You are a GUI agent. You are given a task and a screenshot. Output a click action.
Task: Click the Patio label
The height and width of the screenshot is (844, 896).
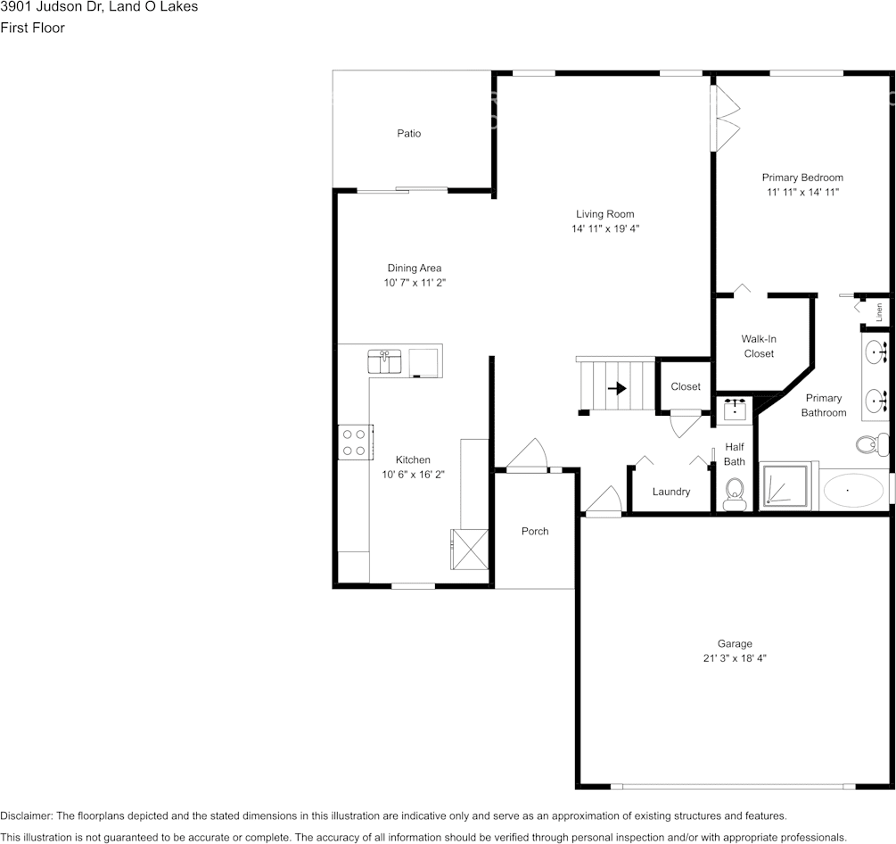(x=409, y=134)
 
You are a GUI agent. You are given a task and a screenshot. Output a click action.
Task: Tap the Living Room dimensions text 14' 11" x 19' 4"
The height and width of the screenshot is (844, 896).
(x=605, y=229)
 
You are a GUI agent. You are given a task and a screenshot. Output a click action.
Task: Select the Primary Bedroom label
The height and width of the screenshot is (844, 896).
(x=801, y=178)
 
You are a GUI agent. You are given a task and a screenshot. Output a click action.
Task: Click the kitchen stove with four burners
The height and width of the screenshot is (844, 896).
(x=354, y=442)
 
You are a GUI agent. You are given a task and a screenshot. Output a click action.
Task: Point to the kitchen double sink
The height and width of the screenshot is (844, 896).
(x=385, y=361)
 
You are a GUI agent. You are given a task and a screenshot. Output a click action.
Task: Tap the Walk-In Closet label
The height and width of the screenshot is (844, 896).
(x=759, y=346)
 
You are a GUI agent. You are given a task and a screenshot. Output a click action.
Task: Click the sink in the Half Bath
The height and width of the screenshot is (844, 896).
(x=735, y=410)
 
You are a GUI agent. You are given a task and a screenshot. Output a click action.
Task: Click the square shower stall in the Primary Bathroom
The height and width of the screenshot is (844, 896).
(x=785, y=487)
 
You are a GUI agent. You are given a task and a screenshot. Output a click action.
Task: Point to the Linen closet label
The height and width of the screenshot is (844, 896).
(x=879, y=312)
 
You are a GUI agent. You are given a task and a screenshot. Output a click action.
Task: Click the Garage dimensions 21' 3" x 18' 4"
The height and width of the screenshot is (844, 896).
(x=735, y=658)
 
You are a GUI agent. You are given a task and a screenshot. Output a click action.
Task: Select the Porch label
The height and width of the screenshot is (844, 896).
(x=535, y=532)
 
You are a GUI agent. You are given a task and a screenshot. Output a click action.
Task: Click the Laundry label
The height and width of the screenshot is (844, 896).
(x=671, y=492)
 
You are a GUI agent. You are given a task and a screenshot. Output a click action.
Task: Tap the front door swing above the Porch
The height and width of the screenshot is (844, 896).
(x=529, y=454)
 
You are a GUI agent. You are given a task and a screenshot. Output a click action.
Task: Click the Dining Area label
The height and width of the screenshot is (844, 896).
(x=414, y=268)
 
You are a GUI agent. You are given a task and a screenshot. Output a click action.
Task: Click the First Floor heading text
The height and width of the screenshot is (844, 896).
(x=33, y=28)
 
